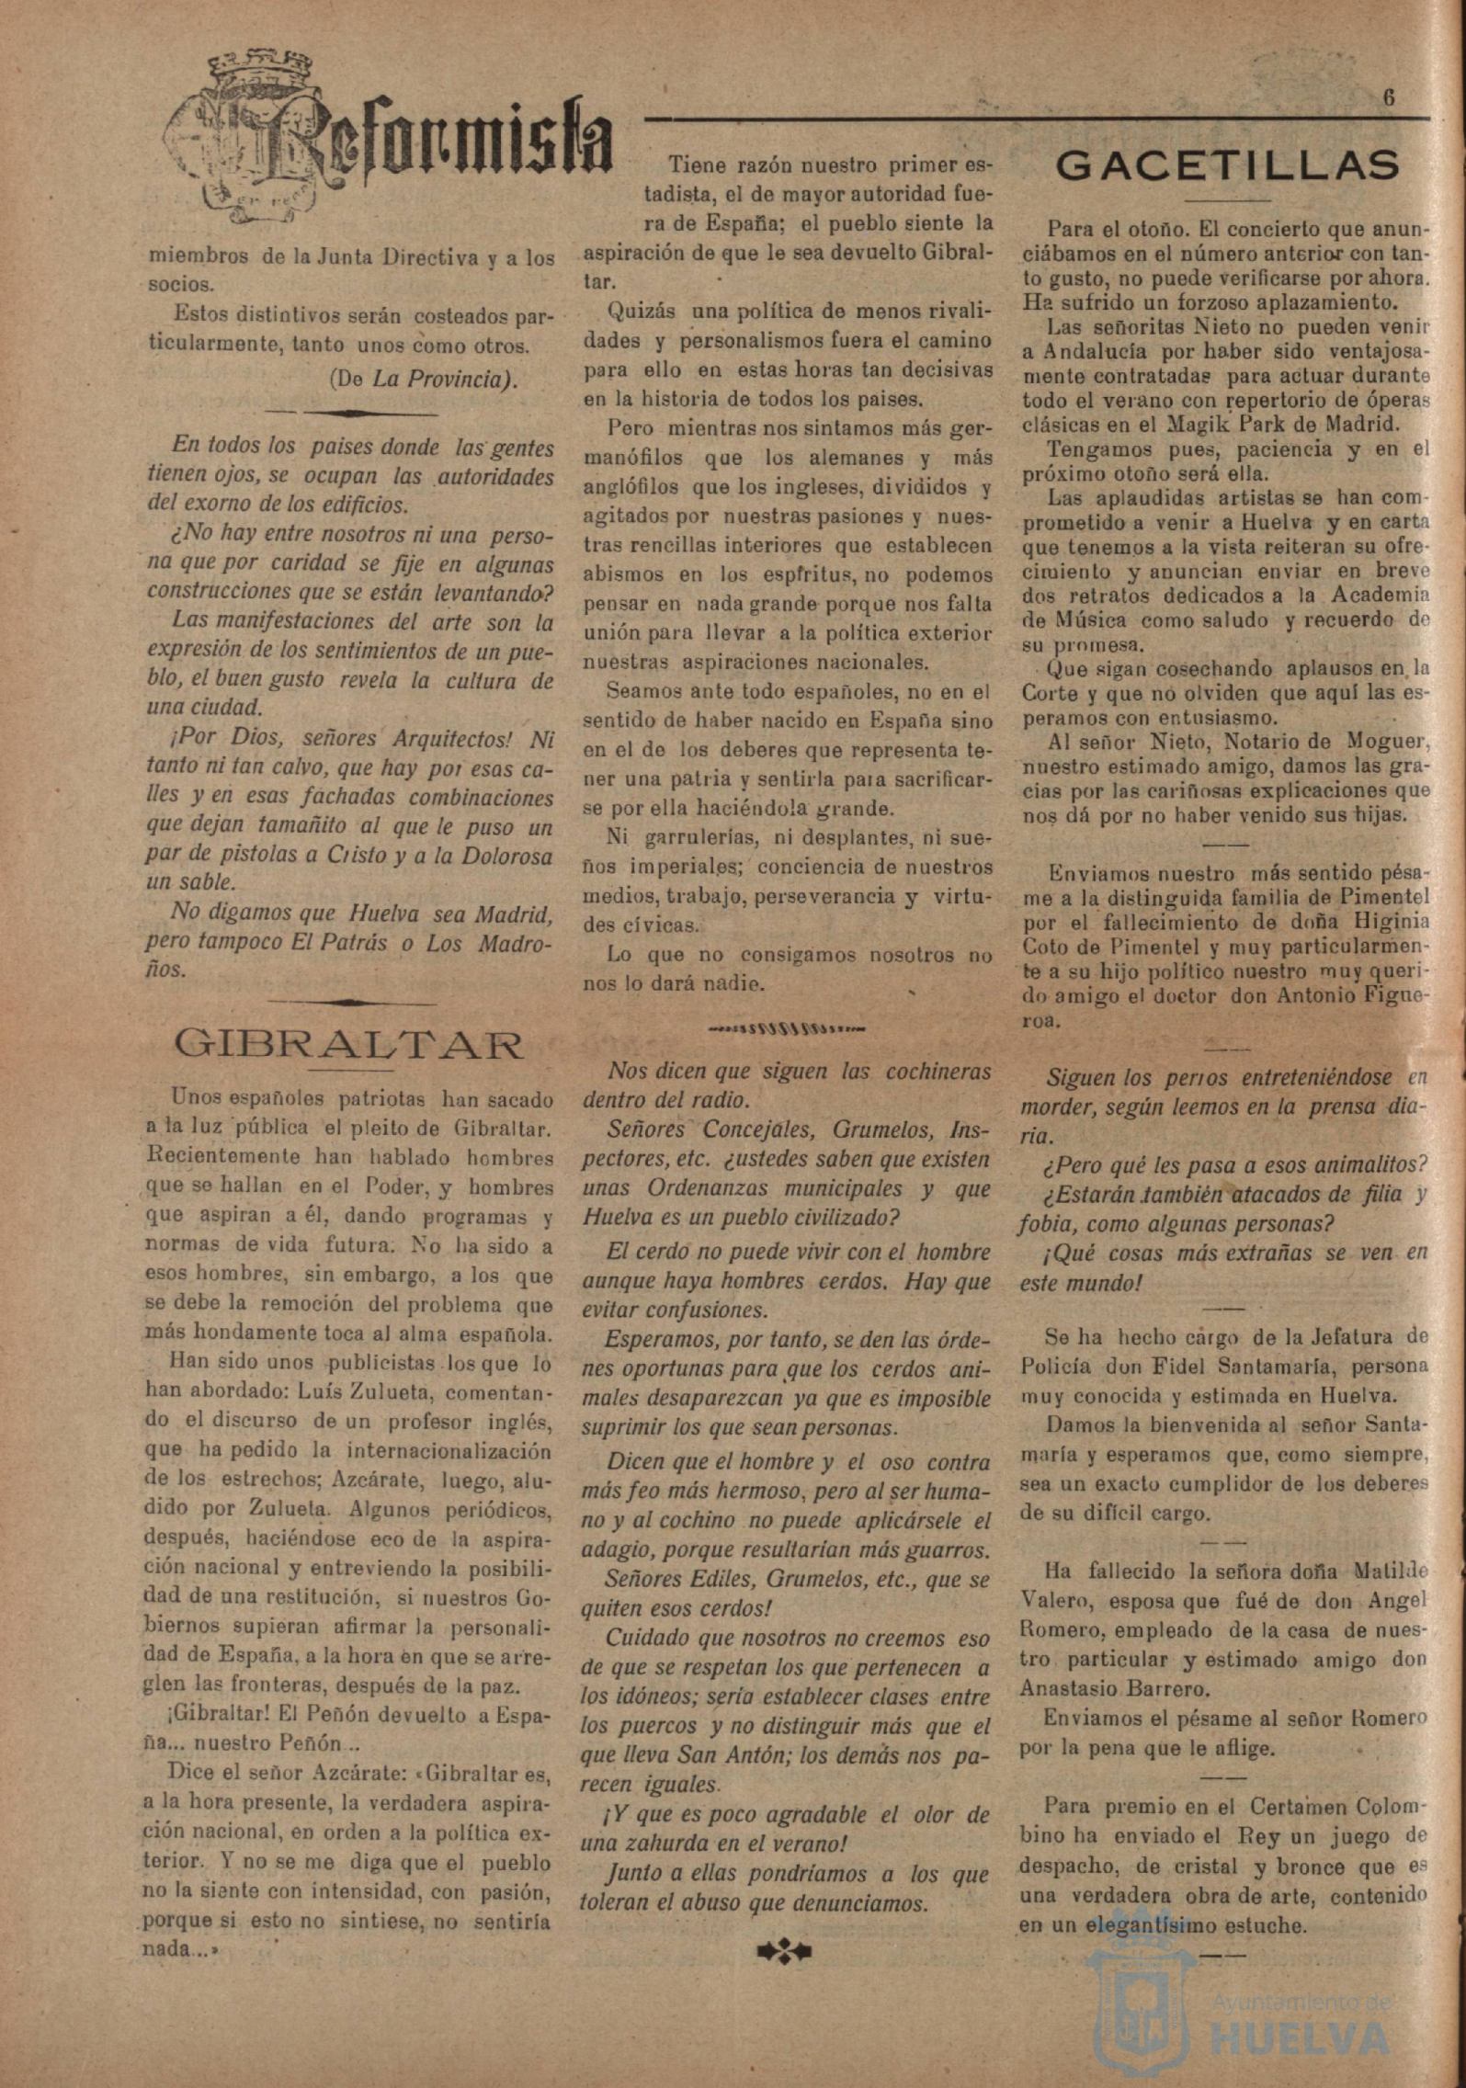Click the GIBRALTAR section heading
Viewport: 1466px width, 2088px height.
(x=349, y=1045)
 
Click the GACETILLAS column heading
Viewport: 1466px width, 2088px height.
(x=1228, y=166)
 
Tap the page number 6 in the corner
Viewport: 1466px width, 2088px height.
(x=1388, y=98)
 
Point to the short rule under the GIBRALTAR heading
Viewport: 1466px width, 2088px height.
(x=349, y=1070)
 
